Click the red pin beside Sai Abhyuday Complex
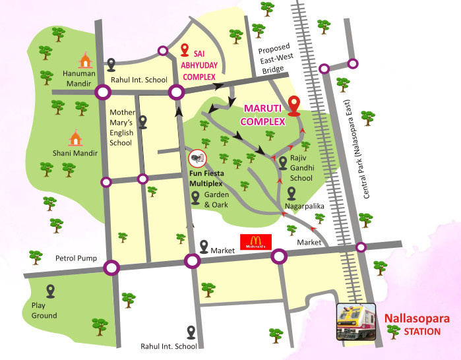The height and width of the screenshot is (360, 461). click(x=185, y=50)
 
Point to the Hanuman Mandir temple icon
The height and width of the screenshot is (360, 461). click(x=85, y=60)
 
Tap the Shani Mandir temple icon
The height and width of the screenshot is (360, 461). click(x=77, y=137)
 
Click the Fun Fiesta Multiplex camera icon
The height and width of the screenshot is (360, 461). click(x=197, y=159)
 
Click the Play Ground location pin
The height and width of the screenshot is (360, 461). click(x=50, y=290)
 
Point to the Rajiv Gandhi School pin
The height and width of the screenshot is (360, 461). click(x=283, y=162)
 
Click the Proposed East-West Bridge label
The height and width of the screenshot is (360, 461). click(x=278, y=59)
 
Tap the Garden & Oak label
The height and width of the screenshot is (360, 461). click(x=216, y=200)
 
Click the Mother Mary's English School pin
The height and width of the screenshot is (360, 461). click(x=142, y=122)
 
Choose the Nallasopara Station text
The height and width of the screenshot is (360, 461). click(x=418, y=324)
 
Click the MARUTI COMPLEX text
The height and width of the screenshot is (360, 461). click(x=263, y=114)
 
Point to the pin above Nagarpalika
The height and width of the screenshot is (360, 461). click(x=291, y=193)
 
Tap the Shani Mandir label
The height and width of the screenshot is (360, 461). click(x=77, y=153)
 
